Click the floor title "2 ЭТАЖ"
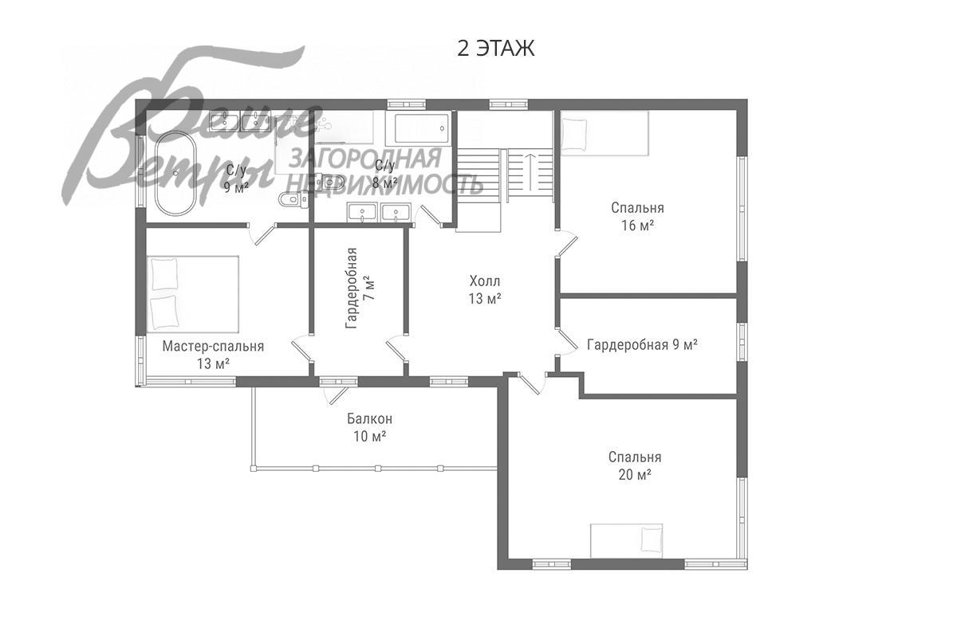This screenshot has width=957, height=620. tap(495, 48)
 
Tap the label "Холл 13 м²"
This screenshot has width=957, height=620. tap(485, 290)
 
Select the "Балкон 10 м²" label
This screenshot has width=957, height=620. tap(369, 427)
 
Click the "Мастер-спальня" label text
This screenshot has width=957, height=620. tap(213, 347)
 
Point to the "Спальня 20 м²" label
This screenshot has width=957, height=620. tap(635, 466)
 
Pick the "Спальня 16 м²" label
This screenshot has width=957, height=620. tap(637, 217)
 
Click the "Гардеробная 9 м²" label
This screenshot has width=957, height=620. tap(642, 344)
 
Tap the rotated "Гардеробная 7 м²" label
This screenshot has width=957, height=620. tap(360, 288)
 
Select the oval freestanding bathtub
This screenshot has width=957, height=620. tap(175, 174)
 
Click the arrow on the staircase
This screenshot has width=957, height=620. tap(530, 171)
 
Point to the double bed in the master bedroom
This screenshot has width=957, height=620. tap(193, 294)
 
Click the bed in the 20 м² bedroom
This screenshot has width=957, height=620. tap(626, 540)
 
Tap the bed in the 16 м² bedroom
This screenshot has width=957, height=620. tap(605, 133)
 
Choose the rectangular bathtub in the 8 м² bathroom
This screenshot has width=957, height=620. tap(418, 128)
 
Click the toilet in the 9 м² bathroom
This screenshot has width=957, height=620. tap(293, 199)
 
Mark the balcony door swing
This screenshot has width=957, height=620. tap(336, 394)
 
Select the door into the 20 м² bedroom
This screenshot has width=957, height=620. tap(531, 384)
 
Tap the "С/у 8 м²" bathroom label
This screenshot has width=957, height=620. tap(384, 175)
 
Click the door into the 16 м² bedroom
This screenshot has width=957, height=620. tap(567, 244)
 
